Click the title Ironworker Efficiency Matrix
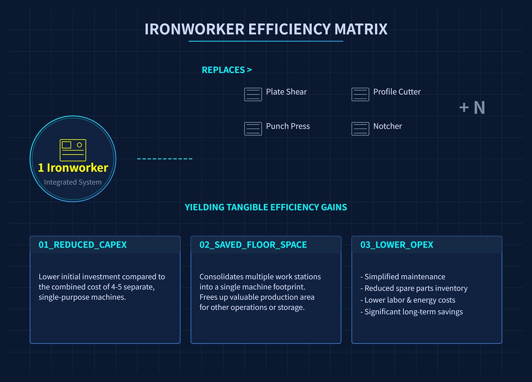coord(266,29)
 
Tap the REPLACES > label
coord(227,70)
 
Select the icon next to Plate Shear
coord(253,95)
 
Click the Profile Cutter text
coord(397,92)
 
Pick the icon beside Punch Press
coord(253,129)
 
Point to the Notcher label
coord(387,126)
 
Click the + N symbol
coord(472,108)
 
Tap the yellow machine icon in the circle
coord(73,150)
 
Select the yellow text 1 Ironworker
coord(73,168)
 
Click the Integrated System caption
coord(73,182)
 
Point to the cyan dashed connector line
coord(164,159)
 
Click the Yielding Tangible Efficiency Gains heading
coord(266,207)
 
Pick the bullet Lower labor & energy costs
coord(409,300)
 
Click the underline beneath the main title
coord(266,41)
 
